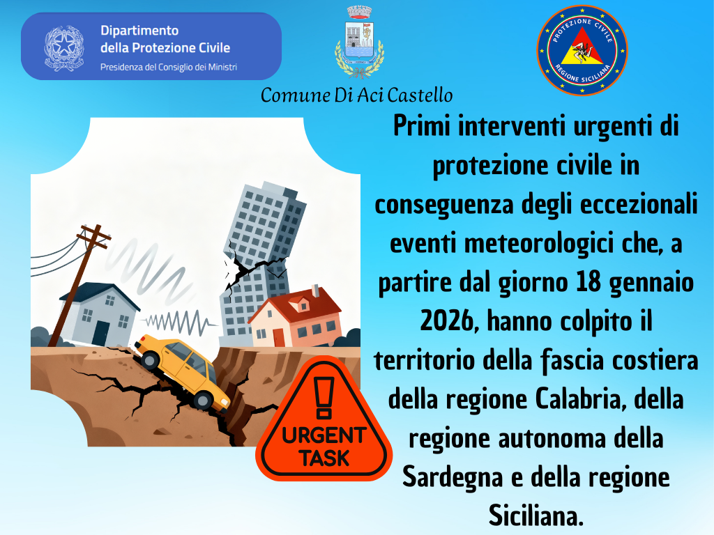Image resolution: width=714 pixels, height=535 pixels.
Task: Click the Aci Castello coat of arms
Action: tap(359, 42)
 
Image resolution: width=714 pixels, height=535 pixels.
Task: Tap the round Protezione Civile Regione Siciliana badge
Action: tap(582, 50)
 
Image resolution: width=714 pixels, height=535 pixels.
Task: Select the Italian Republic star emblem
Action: tap(64, 48)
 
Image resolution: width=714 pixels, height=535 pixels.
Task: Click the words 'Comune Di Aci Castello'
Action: tap(356, 95)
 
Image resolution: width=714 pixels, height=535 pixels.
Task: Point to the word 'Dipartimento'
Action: tap(139, 31)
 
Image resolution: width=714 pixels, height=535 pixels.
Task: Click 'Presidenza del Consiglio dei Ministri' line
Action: tap(169, 68)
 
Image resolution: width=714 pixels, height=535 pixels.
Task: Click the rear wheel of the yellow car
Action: tap(151, 360)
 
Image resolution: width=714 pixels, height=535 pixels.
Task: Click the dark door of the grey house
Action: tap(100, 334)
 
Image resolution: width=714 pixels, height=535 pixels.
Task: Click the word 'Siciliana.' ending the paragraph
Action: tap(536, 516)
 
